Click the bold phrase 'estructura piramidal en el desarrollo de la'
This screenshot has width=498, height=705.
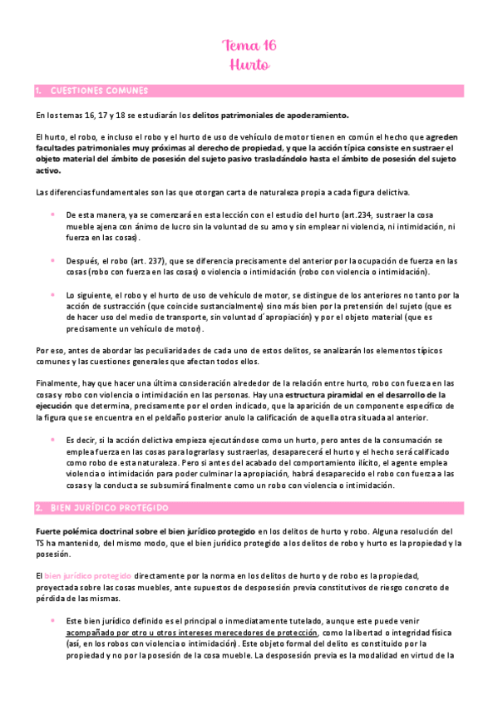pos(367,394)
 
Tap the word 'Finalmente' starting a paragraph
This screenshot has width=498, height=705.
pos(57,382)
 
